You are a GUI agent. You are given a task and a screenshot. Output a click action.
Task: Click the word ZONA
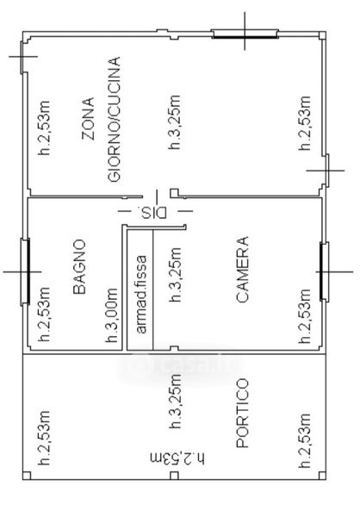(x=89, y=119)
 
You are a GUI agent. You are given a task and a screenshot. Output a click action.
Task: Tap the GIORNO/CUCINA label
(x=115, y=120)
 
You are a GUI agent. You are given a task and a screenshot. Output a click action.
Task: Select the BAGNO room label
(x=79, y=267)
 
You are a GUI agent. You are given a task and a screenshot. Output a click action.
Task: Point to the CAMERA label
(x=243, y=269)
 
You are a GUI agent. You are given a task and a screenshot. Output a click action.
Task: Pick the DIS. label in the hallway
(x=152, y=212)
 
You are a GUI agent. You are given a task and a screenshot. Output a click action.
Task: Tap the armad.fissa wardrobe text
(x=140, y=295)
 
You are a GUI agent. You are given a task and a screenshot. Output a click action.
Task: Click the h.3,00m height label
(x=112, y=315)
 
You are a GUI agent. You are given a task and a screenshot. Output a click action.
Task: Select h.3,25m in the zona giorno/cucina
(x=174, y=122)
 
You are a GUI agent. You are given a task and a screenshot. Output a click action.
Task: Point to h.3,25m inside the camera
(x=175, y=275)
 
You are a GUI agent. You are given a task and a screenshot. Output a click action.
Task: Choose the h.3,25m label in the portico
(x=175, y=402)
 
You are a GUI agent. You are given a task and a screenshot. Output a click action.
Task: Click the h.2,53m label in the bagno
(x=44, y=315)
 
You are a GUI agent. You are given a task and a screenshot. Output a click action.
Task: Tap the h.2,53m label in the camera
(x=304, y=316)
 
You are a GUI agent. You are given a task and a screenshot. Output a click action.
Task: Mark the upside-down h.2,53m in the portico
(x=177, y=458)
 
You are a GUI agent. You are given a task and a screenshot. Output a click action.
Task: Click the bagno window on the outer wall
(x=25, y=271)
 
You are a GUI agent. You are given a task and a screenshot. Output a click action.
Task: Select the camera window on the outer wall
(x=325, y=271)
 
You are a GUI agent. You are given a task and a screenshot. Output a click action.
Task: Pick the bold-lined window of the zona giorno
(x=245, y=34)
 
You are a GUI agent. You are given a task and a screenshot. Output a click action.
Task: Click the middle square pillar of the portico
(x=174, y=476)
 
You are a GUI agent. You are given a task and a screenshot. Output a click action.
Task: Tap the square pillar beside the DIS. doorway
(x=174, y=192)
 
